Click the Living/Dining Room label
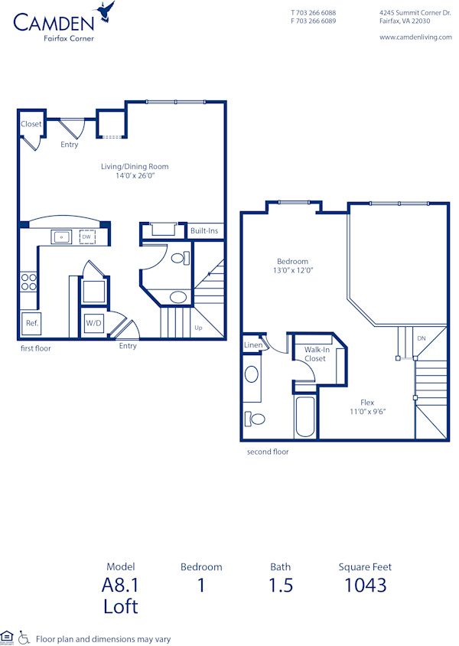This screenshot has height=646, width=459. pos(135,166)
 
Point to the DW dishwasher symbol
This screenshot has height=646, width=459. pos(86,237)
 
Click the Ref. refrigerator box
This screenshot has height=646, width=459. pos(32,323)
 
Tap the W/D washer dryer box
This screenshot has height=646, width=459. pos(93,323)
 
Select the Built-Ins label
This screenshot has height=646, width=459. pos(204,230)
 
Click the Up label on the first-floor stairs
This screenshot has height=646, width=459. pos(198,328)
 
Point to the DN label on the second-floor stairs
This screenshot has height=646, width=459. pos(421,338)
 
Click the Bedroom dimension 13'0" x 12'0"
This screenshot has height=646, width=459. pos(293,270)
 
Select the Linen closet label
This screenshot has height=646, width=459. pos(252,345)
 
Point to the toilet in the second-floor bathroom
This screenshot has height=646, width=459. pos(254,419)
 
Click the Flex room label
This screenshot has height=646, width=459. pos(367,403)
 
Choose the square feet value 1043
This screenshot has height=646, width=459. pos(364,586)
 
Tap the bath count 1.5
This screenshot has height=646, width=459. pos(280,586)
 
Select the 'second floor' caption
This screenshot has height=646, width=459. pos(268,452)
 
